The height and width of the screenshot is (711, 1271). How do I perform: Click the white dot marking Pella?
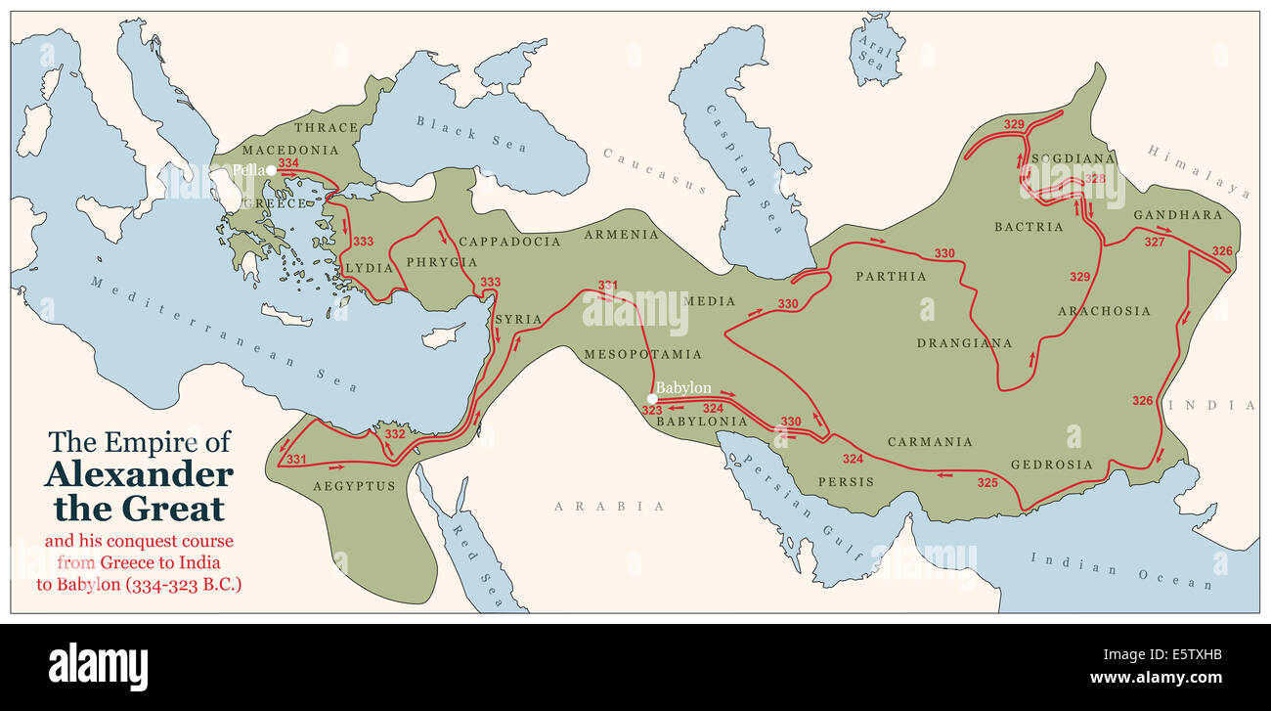click(x=271, y=170)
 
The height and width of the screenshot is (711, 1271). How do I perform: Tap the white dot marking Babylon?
click(x=651, y=398)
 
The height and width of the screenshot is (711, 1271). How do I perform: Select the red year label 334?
click(x=288, y=163)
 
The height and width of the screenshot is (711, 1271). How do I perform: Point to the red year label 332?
click(x=395, y=433)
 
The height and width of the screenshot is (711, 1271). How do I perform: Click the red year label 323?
click(x=652, y=411)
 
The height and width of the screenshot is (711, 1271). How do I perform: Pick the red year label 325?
click(x=987, y=482)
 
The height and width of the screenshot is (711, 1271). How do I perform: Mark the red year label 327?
click(x=1155, y=242)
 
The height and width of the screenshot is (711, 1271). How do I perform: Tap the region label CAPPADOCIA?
click(x=509, y=242)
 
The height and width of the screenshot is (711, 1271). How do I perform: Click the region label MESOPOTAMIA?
click(x=642, y=353)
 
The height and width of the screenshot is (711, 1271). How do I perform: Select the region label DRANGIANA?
click(x=964, y=343)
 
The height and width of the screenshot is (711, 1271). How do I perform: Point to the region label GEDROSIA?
click(x=1052, y=465)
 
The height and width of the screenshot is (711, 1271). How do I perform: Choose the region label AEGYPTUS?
click(x=354, y=486)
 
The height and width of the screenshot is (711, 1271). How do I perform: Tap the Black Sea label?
click(x=471, y=134)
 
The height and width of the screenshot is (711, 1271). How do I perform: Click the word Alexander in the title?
click(x=139, y=476)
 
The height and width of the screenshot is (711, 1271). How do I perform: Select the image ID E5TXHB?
click(x=1187, y=656)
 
